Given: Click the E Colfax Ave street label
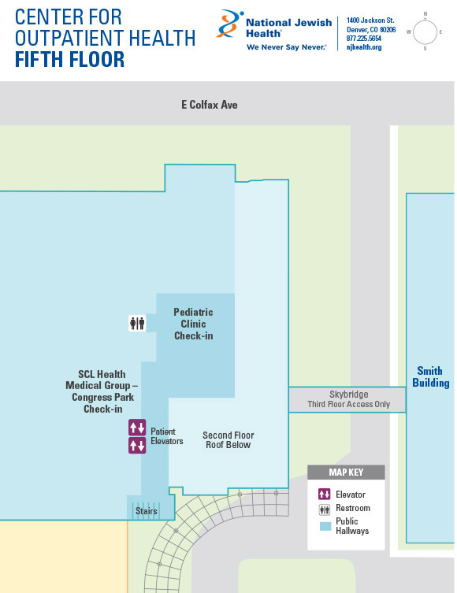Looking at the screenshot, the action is pyautogui.click(x=210, y=105).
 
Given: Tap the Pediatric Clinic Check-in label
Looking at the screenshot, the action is pyautogui.click(x=193, y=324).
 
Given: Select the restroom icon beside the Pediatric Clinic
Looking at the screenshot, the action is pyautogui.click(x=137, y=324).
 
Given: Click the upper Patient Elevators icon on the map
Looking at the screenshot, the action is pyautogui.click(x=137, y=428).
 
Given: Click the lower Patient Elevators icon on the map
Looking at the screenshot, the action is pyautogui.click(x=137, y=445).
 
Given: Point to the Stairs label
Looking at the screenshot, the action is pyautogui.click(x=147, y=511).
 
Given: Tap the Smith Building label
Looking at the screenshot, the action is pyautogui.click(x=431, y=376).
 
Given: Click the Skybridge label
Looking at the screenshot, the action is pyautogui.click(x=348, y=395).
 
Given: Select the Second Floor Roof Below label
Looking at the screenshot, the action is pyautogui.click(x=228, y=440).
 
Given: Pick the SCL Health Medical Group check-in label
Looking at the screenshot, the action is pyautogui.click(x=102, y=391).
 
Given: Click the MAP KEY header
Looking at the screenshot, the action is pyautogui.click(x=346, y=473).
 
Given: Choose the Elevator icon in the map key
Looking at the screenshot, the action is pyautogui.click(x=324, y=494).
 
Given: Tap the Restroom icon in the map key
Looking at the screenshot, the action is pyautogui.click(x=324, y=510).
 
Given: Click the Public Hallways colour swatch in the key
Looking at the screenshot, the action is pyautogui.click(x=325, y=526).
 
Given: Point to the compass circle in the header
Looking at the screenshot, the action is pyautogui.click(x=425, y=32).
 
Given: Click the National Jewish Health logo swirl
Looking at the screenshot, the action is pyautogui.click(x=229, y=24).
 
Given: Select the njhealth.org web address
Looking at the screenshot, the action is pyautogui.click(x=364, y=47).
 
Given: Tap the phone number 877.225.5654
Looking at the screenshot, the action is pyautogui.click(x=364, y=39).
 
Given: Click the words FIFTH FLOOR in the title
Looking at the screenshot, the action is pyautogui.click(x=69, y=59).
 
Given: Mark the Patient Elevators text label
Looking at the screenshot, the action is pyautogui.click(x=167, y=436).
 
